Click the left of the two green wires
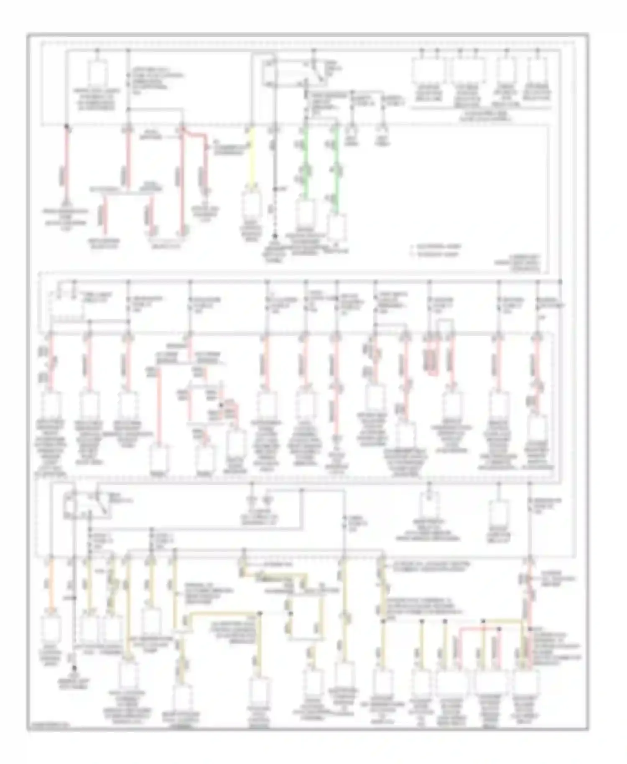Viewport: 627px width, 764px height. tap(306, 163)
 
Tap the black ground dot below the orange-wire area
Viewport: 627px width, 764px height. tap(74, 668)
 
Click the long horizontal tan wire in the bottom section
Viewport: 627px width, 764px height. tap(222, 614)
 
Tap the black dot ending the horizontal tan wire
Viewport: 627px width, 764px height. tap(260, 613)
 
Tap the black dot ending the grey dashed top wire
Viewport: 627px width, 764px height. tap(275, 236)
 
